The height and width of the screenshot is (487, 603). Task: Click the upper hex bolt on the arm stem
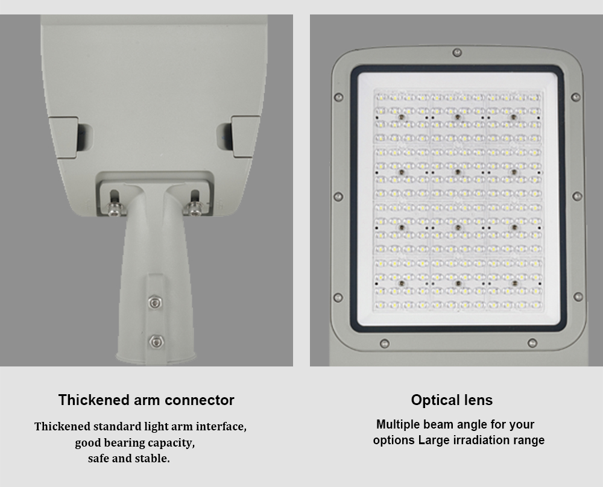point(154,303)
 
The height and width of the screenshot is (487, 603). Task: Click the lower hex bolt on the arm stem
point(156,341)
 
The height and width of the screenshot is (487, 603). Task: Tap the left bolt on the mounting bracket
point(115,208)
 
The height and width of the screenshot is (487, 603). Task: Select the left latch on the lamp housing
point(65,137)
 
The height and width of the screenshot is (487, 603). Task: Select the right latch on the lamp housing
point(245,136)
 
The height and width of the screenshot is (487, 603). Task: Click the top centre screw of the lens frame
point(457,52)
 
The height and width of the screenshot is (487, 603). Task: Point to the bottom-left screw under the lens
point(384,343)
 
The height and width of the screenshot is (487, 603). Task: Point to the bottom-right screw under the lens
point(532,343)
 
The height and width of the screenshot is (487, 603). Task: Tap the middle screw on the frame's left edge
point(338,197)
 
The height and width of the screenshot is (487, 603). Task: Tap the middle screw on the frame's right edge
point(577,196)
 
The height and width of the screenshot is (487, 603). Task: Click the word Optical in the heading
point(435,400)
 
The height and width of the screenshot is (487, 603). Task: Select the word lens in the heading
point(478,400)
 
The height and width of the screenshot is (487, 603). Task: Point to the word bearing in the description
point(125,443)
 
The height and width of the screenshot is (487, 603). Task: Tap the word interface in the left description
point(221,427)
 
